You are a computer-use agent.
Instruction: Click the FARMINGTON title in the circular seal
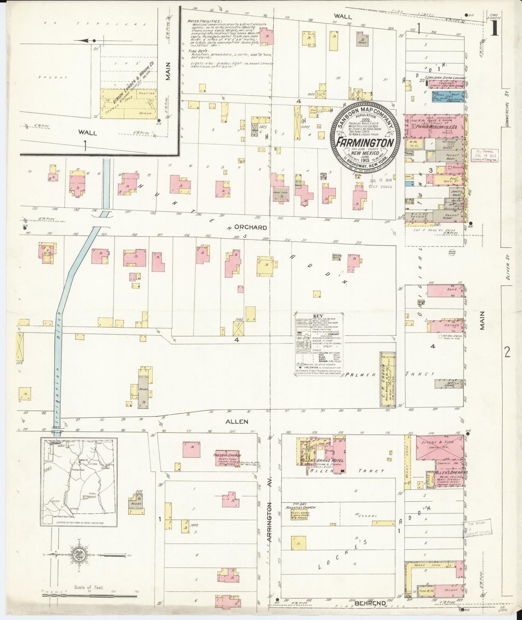[x=364, y=142]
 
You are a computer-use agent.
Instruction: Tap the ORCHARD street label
[x=250, y=228]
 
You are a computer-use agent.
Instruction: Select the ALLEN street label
[x=237, y=421]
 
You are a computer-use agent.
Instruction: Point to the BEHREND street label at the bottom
[x=370, y=603]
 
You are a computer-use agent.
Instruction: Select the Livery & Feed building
[x=439, y=447]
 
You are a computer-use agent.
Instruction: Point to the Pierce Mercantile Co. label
[x=437, y=127]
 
